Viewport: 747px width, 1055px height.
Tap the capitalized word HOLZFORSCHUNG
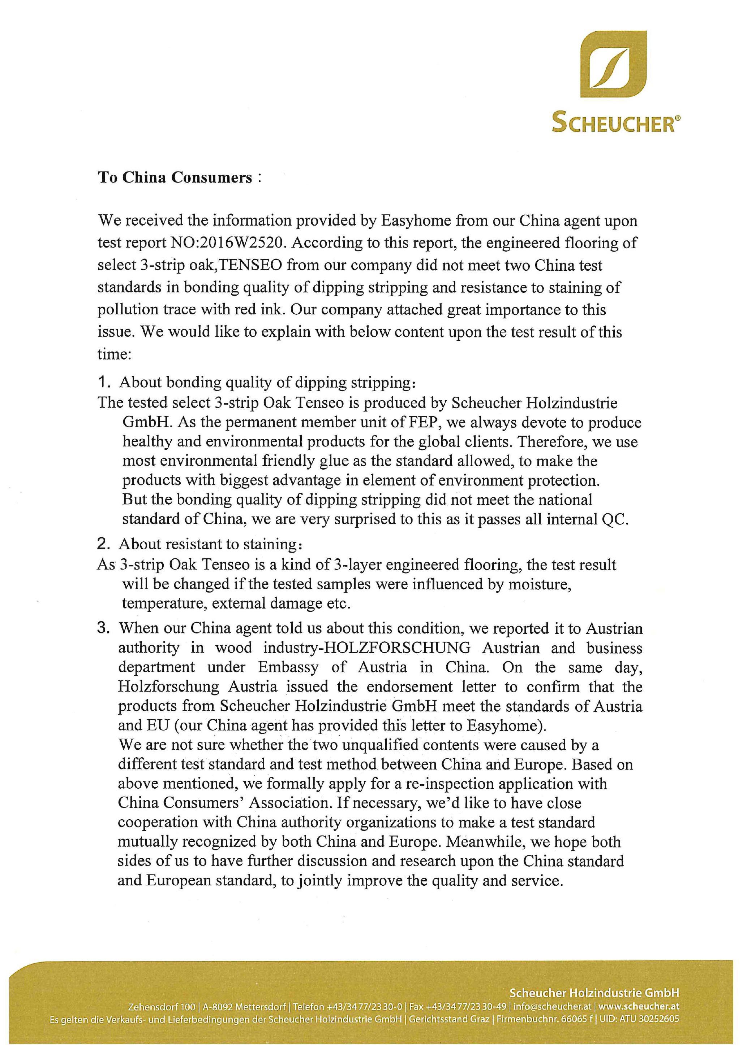(x=398, y=648)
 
